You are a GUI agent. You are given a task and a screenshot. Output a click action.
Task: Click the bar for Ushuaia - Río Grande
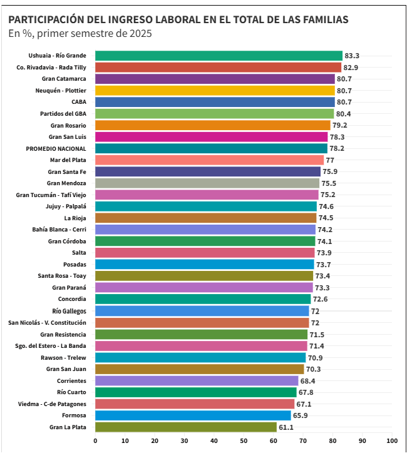219,56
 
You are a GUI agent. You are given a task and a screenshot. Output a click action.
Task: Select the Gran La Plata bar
186,427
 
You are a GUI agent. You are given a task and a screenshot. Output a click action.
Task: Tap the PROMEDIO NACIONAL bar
211,148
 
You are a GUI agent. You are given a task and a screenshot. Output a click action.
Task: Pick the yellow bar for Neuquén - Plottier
215,91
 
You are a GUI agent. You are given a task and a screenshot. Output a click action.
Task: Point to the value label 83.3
352,56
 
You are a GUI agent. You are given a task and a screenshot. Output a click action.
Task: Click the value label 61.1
286,427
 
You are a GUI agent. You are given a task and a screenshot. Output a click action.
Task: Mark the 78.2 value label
337,148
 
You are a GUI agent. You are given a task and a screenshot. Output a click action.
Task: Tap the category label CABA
78,102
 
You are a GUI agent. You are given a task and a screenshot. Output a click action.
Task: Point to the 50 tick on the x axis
244,441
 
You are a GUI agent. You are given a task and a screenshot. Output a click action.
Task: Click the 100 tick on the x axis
392,441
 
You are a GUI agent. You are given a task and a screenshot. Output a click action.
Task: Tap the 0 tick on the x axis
95,441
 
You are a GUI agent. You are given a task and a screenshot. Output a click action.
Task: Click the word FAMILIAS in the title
325,19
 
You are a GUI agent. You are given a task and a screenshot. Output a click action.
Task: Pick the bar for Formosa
193,415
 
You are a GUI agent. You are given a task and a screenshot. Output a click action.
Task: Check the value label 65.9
301,415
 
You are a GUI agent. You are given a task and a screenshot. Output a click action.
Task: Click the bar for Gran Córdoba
205,242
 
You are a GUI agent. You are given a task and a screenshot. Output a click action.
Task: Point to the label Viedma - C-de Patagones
52,404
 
